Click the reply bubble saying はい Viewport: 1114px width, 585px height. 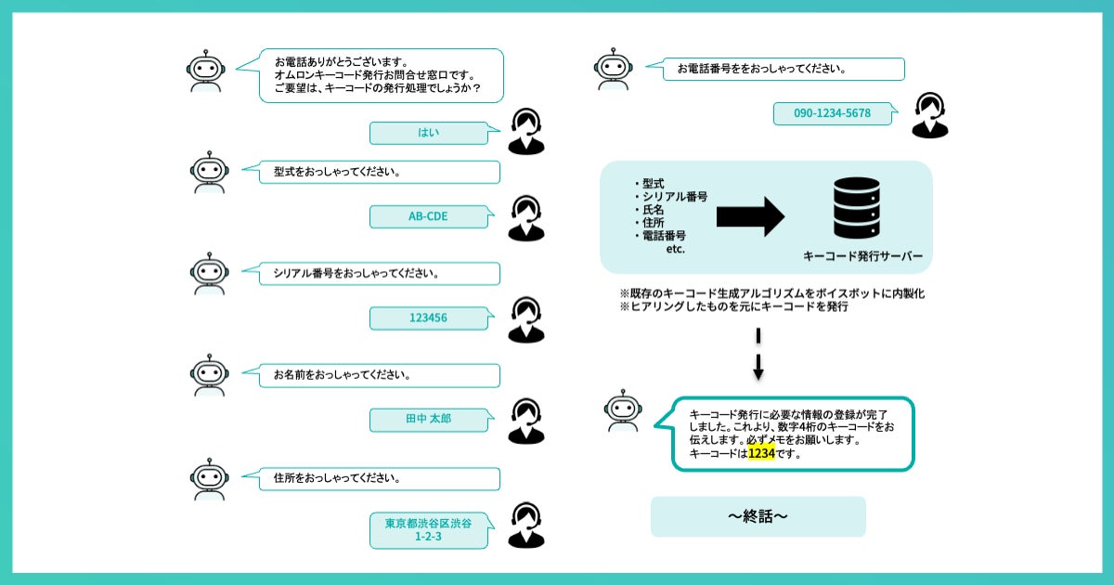[429, 133]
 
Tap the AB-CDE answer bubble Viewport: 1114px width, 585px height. [429, 216]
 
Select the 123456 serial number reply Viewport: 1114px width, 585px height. [429, 318]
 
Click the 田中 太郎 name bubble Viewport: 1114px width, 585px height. [429, 420]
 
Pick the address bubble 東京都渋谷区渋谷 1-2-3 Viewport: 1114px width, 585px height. [429, 529]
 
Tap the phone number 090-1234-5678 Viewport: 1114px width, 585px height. [832, 113]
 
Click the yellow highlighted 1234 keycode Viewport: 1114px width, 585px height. [761, 454]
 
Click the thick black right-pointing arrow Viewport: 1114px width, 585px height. [750, 217]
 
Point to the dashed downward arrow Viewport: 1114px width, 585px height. [758, 354]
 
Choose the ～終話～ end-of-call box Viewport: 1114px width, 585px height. [758, 516]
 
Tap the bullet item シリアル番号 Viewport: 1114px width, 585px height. [675, 197]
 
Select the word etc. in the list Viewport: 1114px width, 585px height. [675, 249]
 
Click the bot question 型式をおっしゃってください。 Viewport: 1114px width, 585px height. [371, 172]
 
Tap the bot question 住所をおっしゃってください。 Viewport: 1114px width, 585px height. [371, 478]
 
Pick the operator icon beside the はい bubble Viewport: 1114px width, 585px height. [526, 131]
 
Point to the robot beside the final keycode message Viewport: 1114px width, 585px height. [623, 410]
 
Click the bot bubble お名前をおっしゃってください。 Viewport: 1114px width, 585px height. [371, 375]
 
